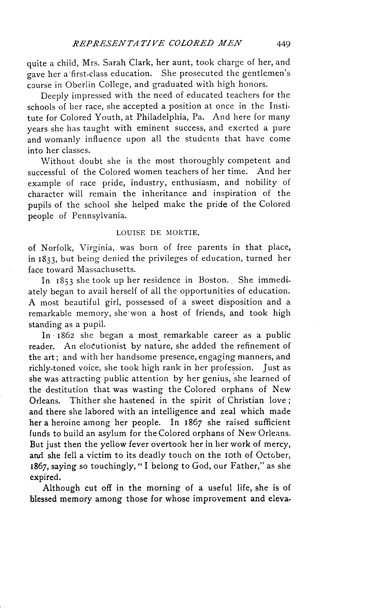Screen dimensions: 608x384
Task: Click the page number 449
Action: tap(284, 44)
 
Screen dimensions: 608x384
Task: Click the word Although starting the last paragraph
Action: tap(61, 488)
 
